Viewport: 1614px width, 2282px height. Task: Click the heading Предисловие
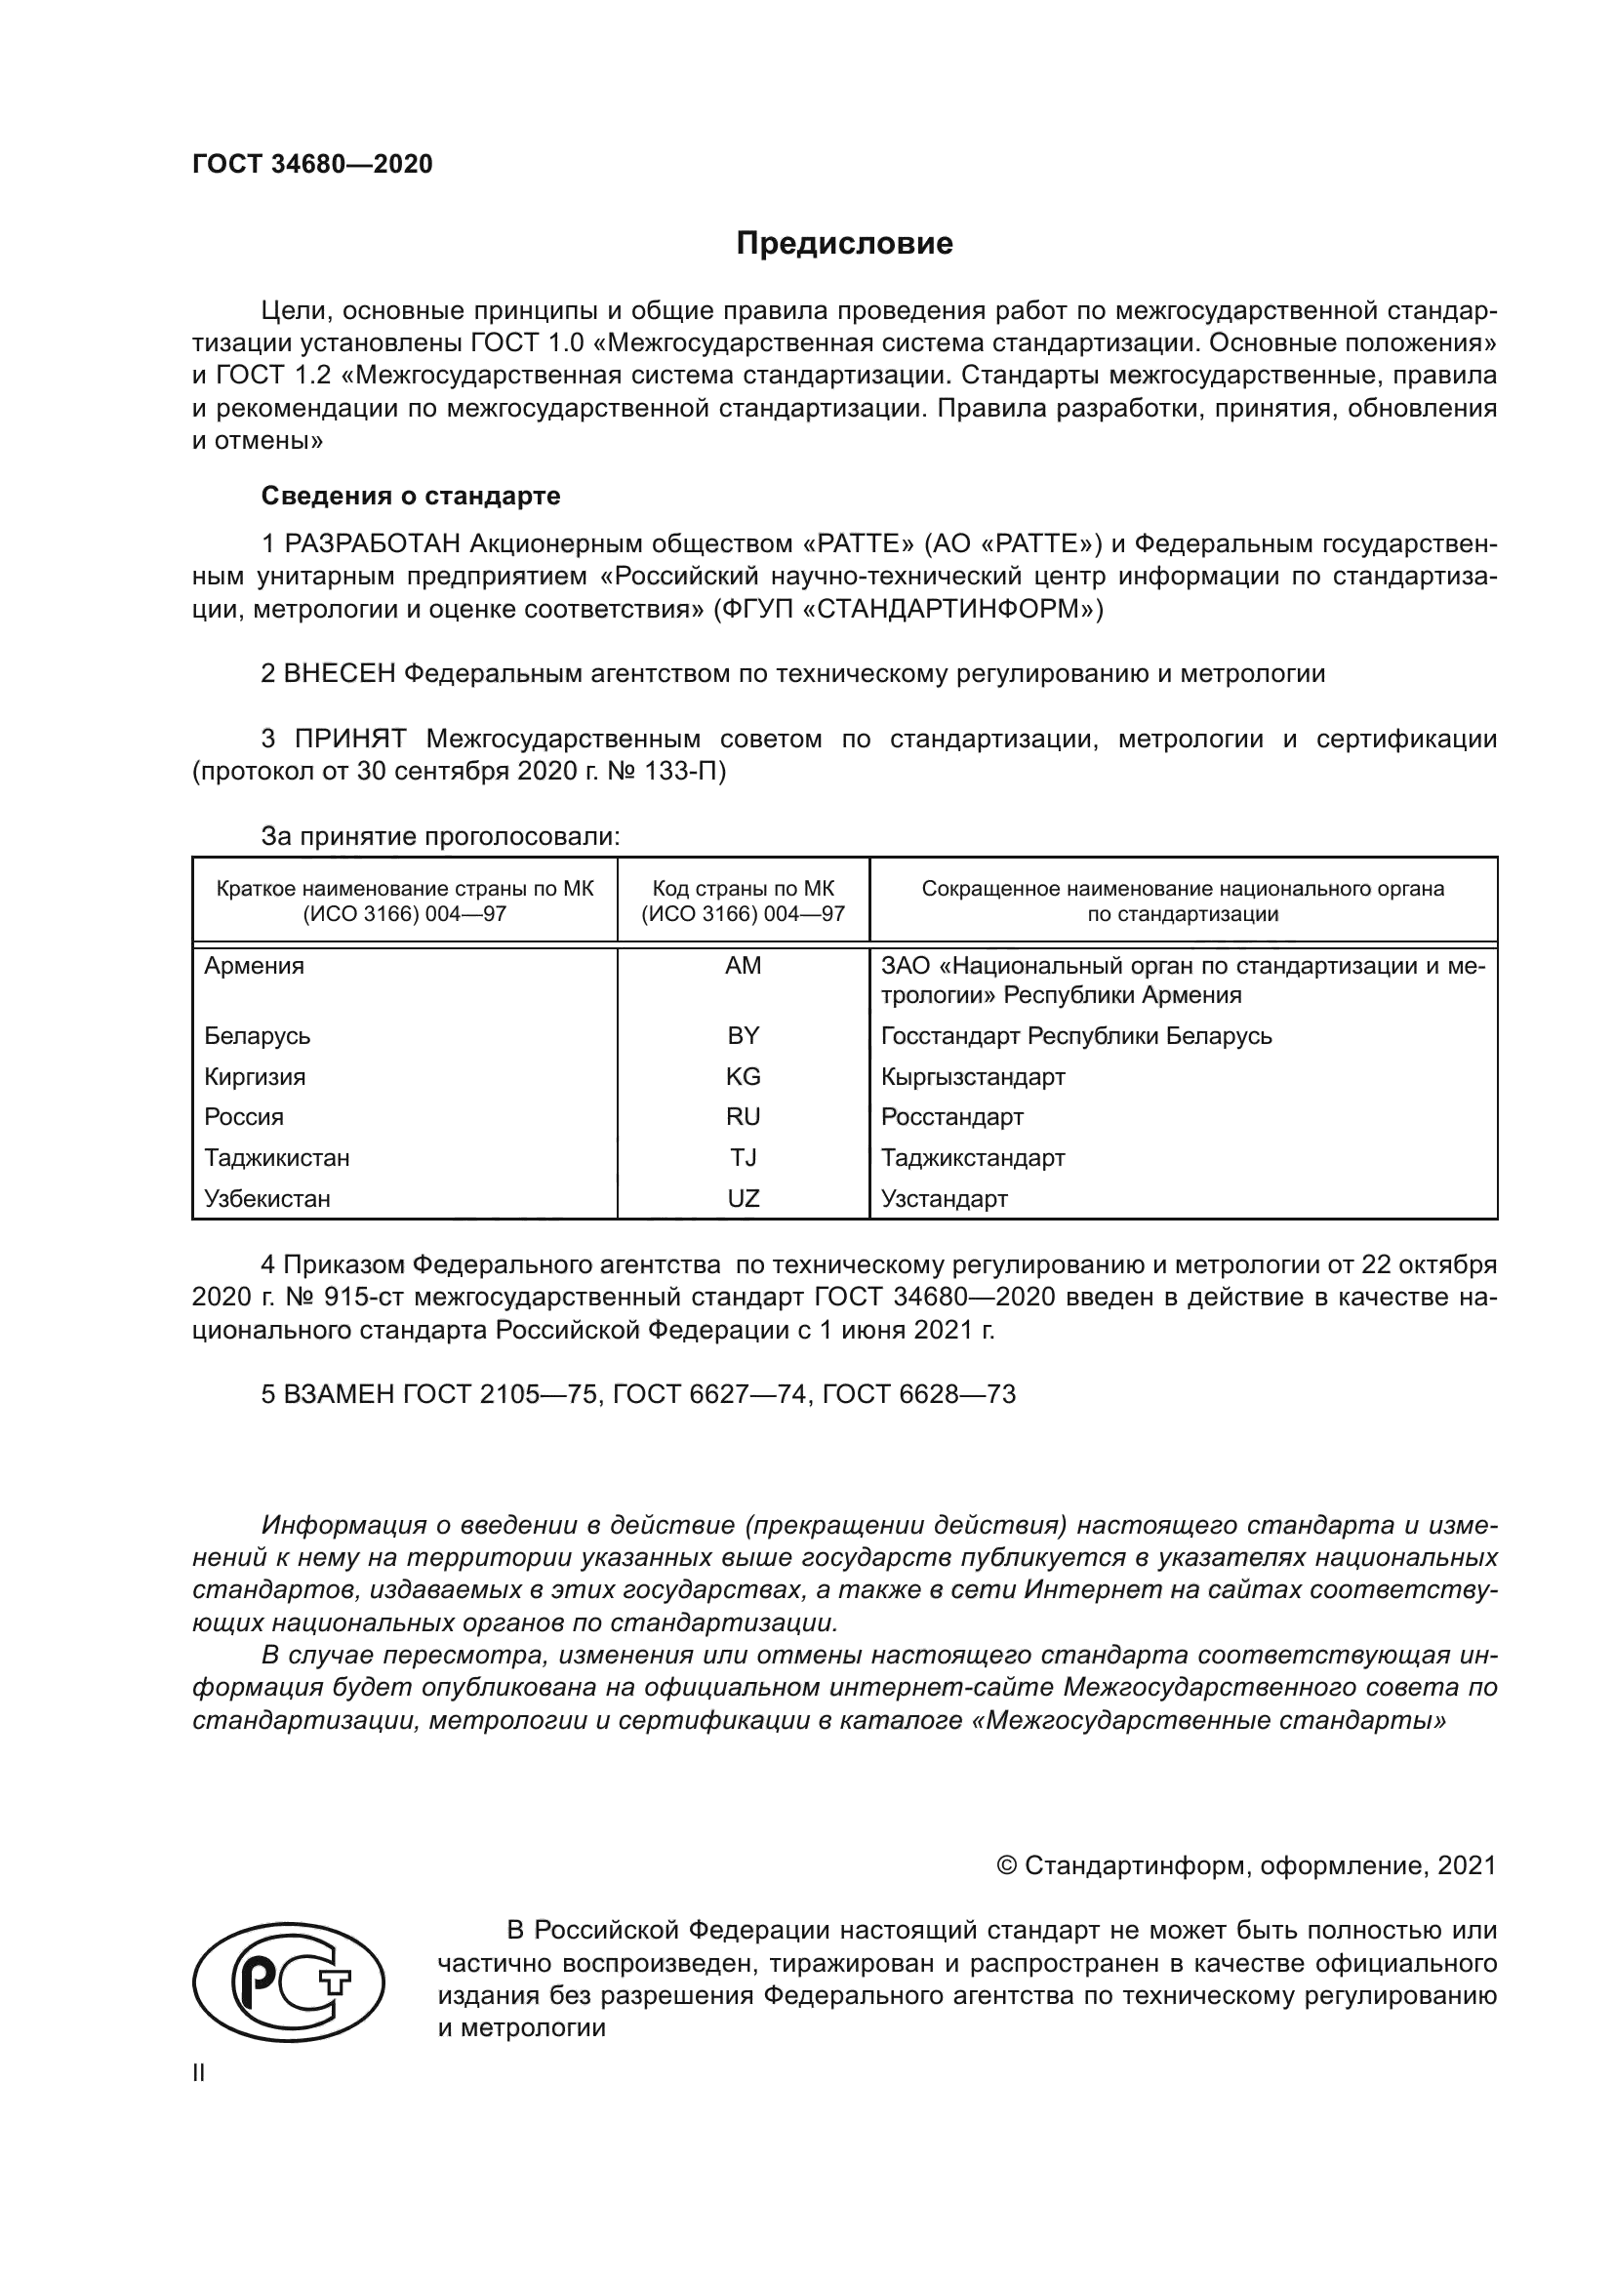tap(844, 244)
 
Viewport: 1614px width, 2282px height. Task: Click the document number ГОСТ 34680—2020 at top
tap(312, 164)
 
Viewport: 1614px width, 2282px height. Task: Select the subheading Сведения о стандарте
tap(411, 495)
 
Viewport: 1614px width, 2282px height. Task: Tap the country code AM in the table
tap(743, 966)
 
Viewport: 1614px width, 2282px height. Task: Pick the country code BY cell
tap(743, 1036)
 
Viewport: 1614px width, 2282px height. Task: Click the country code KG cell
tap(743, 1076)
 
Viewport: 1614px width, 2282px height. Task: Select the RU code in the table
tap(743, 1117)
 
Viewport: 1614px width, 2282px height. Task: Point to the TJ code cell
tap(743, 1158)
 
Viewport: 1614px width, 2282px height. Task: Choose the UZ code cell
tap(743, 1199)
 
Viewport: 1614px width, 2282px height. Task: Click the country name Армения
tap(255, 966)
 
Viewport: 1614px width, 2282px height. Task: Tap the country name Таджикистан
tap(276, 1158)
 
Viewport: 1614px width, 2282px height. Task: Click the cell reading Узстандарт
tap(944, 1199)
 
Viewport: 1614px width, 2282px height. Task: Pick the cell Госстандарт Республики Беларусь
tap(1075, 1036)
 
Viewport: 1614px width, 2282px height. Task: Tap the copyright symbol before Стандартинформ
tap(1006, 1865)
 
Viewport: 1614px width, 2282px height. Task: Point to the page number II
tap(199, 2072)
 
